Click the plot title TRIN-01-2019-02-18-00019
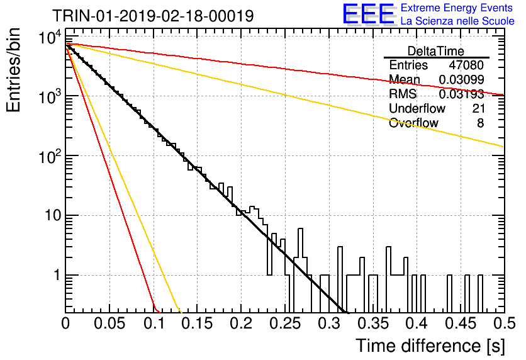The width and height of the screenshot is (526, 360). pos(153,16)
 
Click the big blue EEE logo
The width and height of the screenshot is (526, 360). pos(369,14)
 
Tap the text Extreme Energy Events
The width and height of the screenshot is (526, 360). pos(457,8)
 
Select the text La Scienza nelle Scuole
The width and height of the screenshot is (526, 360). pos(457,21)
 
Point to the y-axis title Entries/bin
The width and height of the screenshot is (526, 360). pos(13,70)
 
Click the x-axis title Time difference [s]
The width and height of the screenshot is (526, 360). pos(430,346)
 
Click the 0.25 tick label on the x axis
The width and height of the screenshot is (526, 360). pos(286,323)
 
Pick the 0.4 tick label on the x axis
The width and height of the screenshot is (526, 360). pos(417,323)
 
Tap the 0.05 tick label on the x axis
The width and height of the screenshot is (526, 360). pos(109,323)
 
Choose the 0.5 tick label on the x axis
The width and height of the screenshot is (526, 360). pos(504,323)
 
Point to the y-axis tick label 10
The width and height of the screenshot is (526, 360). pos(53,215)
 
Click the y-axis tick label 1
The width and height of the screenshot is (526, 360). pos(57,275)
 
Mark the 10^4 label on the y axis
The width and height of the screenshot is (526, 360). pos(50,37)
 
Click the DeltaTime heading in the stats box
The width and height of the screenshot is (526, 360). pos(436,51)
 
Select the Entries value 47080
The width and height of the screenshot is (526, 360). pos(466,65)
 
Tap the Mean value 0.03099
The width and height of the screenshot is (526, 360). pos(461,79)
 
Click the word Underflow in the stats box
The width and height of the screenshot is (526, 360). pos(417,108)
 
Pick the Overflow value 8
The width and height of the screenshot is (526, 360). pos(480,123)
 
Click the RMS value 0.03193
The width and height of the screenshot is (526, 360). pos(461,94)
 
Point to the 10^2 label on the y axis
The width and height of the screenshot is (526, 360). pos(50,156)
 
